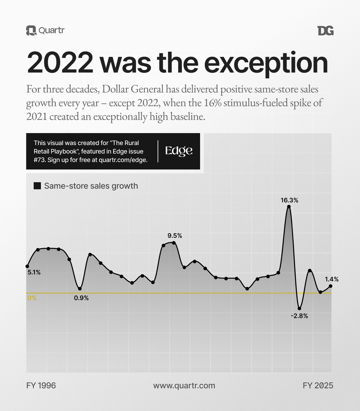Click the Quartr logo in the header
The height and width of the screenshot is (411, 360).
click(x=45, y=31)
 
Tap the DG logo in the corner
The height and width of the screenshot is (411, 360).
click(x=325, y=31)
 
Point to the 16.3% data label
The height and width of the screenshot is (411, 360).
click(x=289, y=200)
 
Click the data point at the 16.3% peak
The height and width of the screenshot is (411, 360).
click(x=289, y=207)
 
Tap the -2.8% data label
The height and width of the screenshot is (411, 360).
click(x=299, y=316)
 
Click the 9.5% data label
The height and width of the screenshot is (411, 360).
click(x=175, y=235)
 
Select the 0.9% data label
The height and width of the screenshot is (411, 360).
click(x=81, y=298)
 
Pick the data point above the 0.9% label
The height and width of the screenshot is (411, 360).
click(x=80, y=289)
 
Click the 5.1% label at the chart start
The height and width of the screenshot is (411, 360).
click(x=34, y=272)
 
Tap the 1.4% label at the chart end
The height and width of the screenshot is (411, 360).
click(x=332, y=279)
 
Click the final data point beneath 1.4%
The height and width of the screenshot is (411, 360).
click(x=330, y=286)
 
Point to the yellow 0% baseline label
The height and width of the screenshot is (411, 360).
click(x=32, y=298)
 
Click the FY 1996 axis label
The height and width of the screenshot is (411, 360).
click(x=41, y=385)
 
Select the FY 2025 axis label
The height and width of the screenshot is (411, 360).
click(x=318, y=385)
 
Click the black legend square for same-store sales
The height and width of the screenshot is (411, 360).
click(x=37, y=186)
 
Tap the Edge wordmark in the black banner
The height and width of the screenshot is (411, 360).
click(x=179, y=151)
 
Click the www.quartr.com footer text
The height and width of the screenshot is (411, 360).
click(x=184, y=385)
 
